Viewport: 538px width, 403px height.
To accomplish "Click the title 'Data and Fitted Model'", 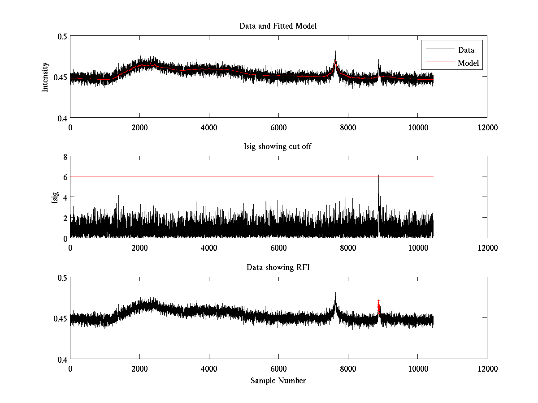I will (x=278, y=26).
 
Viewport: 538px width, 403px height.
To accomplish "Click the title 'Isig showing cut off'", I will (x=278, y=146).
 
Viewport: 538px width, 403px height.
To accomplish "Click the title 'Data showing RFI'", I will (x=278, y=267).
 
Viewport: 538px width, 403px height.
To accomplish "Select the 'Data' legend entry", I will (x=466, y=50).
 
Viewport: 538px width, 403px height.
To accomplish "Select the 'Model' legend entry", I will (x=469, y=63).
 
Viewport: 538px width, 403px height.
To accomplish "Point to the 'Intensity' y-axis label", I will (x=45, y=77).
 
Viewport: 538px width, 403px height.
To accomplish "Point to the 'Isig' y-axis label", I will (x=55, y=197).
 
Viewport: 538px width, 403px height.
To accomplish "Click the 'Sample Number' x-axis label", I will (x=278, y=381).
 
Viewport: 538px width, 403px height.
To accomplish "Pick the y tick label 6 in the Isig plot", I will (x=65, y=177).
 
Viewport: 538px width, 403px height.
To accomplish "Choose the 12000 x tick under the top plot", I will (x=487, y=127).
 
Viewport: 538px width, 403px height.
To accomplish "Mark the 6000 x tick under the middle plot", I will (x=278, y=248).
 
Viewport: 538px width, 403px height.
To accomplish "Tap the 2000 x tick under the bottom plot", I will (x=139, y=369).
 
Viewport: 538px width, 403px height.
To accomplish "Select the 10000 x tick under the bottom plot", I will (x=417, y=369).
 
